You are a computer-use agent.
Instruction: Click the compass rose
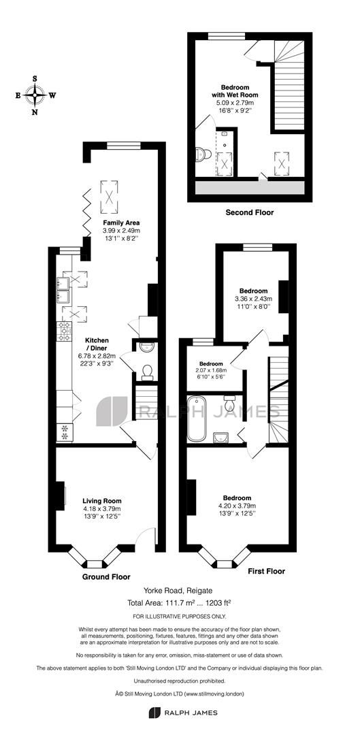pyautogui.click(x=35, y=95)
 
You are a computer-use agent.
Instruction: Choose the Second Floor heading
pyautogui.click(x=250, y=212)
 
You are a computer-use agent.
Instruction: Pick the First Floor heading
pyautogui.click(x=266, y=571)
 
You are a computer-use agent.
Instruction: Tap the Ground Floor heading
pyautogui.click(x=107, y=576)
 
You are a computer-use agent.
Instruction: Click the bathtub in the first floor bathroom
pyautogui.click(x=193, y=415)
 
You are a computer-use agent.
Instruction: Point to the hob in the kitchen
pyautogui.click(x=65, y=331)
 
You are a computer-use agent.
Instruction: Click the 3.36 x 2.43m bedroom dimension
pyautogui.click(x=252, y=299)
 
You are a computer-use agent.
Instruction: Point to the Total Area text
pyautogui.click(x=180, y=603)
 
